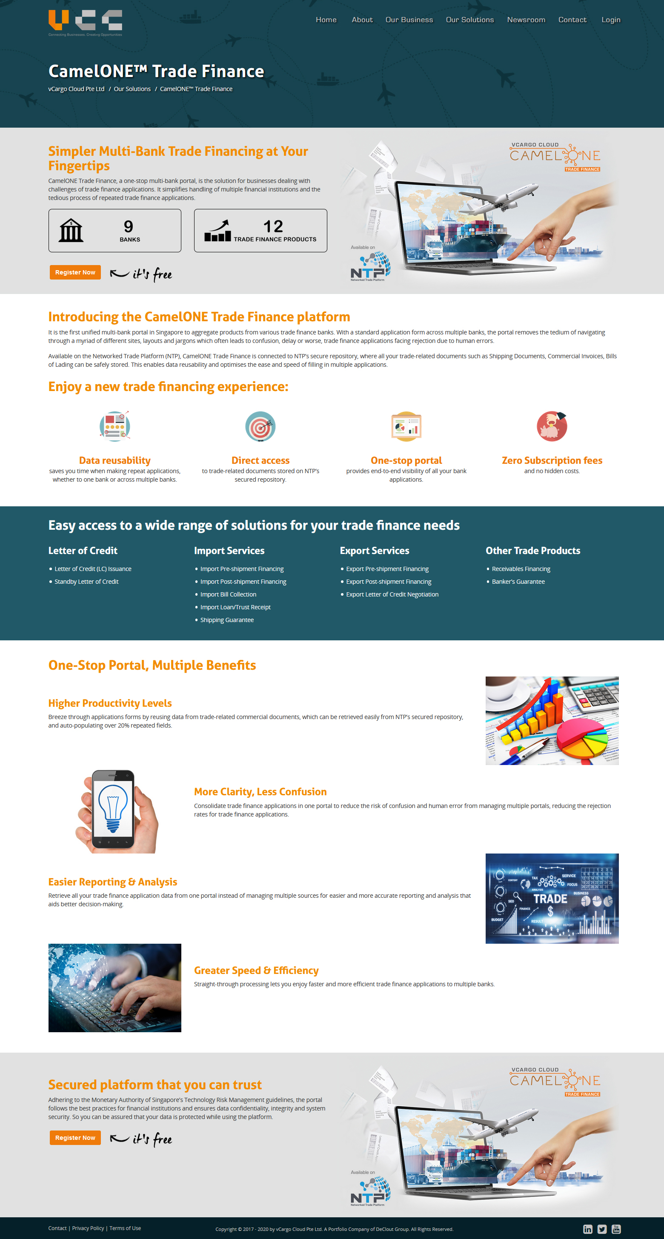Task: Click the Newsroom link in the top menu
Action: coord(526,20)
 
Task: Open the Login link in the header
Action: coord(611,20)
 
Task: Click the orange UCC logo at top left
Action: coord(85,22)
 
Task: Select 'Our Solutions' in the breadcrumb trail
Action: coord(132,89)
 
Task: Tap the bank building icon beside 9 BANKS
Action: coord(71,230)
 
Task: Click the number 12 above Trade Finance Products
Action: coord(273,226)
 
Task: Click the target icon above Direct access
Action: coord(260,426)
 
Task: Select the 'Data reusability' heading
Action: coord(114,460)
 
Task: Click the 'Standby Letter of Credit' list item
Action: coord(86,582)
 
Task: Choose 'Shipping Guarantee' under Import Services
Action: coord(226,620)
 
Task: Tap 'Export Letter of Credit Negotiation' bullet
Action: coord(392,594)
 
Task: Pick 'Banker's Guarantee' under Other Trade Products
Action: coord(518,582)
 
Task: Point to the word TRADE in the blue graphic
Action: coord(550,899)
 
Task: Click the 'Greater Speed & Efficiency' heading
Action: coord(256,971)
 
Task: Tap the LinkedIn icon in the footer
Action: coord(587,1229)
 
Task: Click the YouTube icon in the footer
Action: coord(616,1229)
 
